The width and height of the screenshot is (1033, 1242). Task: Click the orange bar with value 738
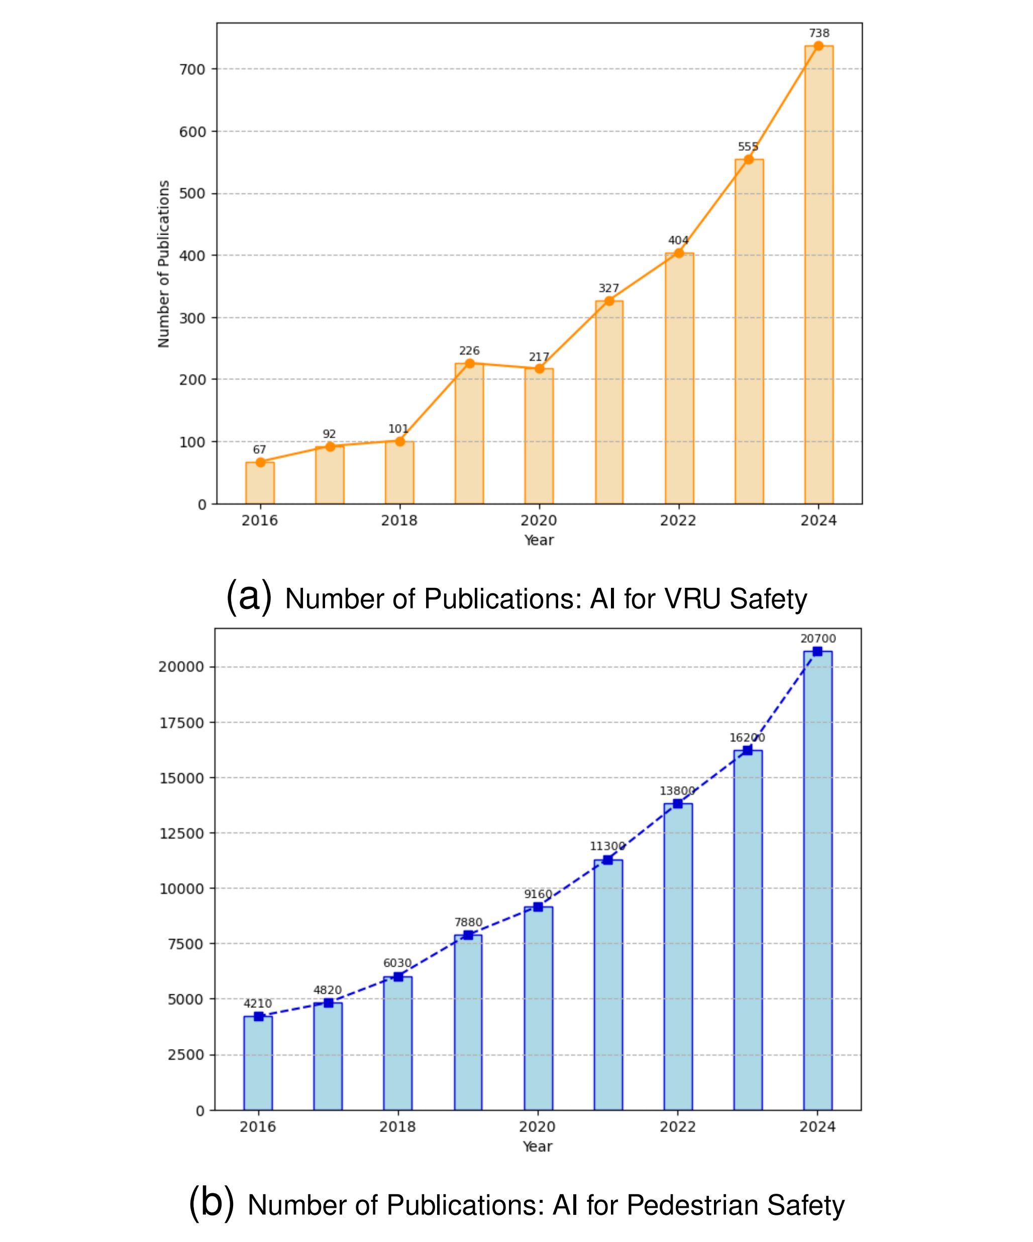click(x=818, y=275)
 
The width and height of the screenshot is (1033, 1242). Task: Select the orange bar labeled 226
click(x=469, y=434)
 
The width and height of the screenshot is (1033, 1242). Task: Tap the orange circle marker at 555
click(x=749, y=159)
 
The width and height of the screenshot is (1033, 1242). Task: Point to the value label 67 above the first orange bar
click(x=260, y=450)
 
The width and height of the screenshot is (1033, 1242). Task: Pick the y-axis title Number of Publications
click(x=164, y=264)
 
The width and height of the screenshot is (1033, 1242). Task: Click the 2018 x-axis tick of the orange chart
click(x=399, y=521)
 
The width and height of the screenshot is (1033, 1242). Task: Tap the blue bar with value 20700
click(x=817, y=881)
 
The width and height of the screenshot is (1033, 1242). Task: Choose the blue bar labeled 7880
click(x=468, y=1022)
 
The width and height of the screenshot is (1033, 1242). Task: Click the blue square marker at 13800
click(x=678, y=804)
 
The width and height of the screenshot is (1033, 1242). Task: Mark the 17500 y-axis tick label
click(x=181, y=722)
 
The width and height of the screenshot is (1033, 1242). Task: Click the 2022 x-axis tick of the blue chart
click(x=678, y=1126)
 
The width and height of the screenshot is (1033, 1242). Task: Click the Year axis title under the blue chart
click(x=538, y=1146)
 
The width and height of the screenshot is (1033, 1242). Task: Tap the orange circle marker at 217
click(x=539, y=368)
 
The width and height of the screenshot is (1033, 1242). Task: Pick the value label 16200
click(x=747, y=738)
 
